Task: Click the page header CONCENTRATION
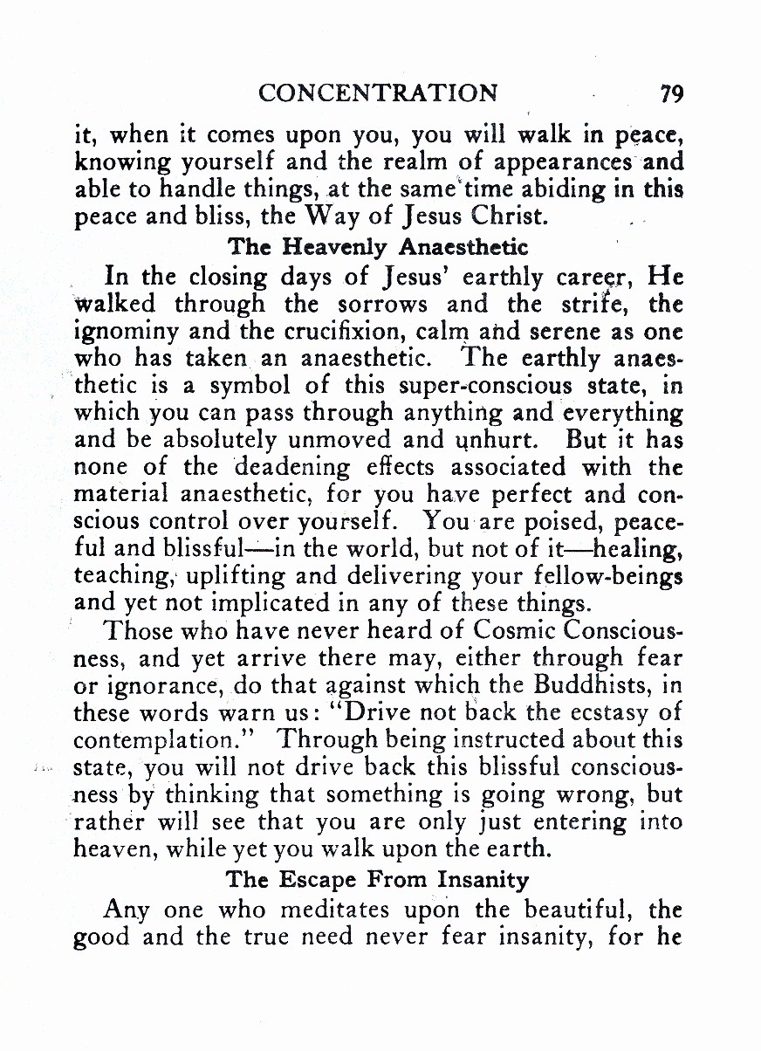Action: coord(379,93)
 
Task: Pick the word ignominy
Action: coord(117,333)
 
